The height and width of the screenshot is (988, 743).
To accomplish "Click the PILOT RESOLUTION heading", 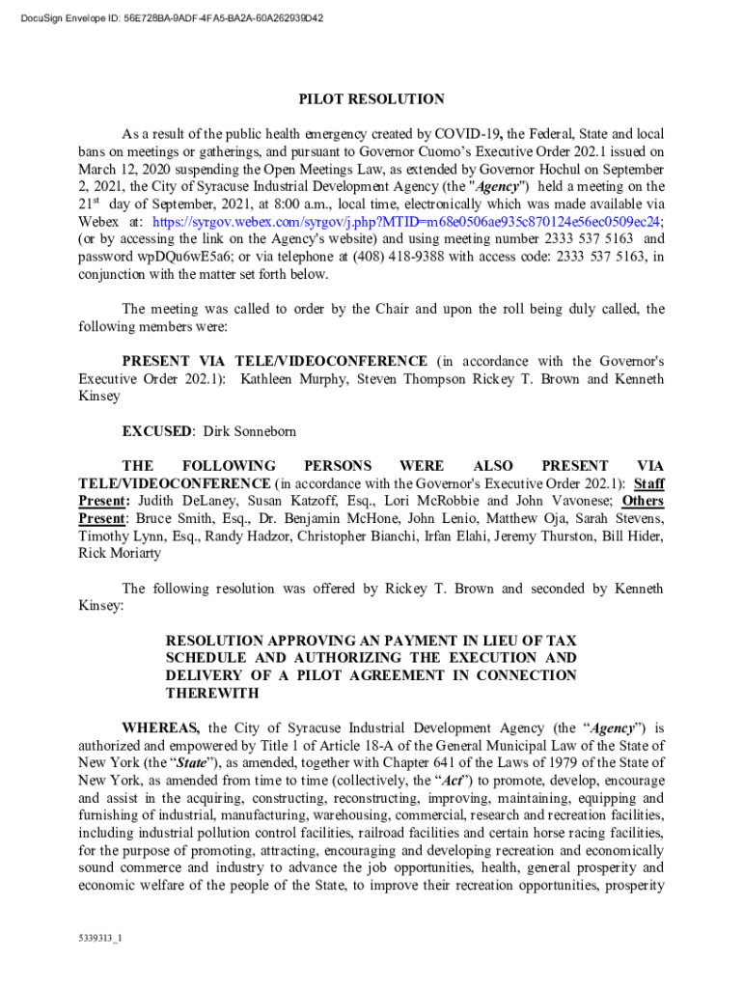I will [371, 99].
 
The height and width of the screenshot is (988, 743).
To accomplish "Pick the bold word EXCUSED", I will [158, 430].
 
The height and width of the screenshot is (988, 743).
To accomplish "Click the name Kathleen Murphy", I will [295, 379].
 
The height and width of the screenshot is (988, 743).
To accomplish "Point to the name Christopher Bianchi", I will [362, 536].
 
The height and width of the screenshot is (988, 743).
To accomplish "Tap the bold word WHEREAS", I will [160, 728].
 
